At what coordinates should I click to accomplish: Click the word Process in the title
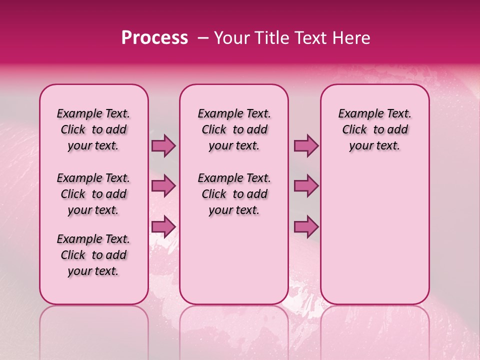154,38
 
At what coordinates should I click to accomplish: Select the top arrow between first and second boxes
163,145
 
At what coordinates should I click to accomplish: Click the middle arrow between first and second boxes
163,186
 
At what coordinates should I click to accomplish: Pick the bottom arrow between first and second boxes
163,226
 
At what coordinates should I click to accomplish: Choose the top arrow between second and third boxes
306,145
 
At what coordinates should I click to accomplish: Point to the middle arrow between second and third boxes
306,186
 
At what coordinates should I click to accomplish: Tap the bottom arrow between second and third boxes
306,226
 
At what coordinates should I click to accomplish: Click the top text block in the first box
93,129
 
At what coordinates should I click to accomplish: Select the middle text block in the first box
93,194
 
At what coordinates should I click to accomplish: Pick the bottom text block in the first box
93,255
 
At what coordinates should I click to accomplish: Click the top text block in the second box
234,129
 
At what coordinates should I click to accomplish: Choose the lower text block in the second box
234,194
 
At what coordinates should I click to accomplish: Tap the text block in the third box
374,129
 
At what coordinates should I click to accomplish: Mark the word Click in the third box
354,130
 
